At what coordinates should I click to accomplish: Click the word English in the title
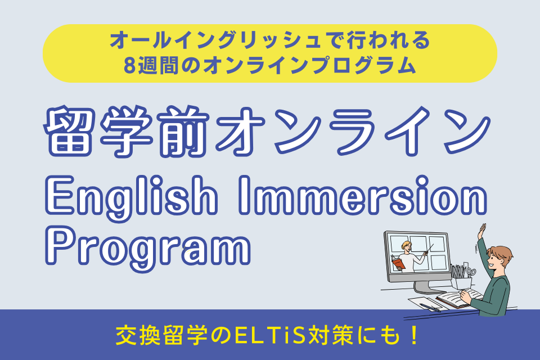(131, 197)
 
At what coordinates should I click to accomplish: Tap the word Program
(148, 247)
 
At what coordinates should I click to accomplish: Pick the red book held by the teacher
(399, 264)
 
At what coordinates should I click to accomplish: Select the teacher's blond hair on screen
(406, 244)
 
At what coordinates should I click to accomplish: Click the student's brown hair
(501, 255)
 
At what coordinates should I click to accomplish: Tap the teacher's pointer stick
(429, 249)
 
